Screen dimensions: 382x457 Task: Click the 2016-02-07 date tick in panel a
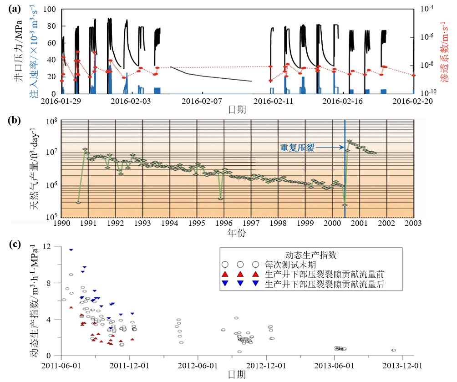click(201, 101)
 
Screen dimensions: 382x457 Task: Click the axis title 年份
click(237, 233)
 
